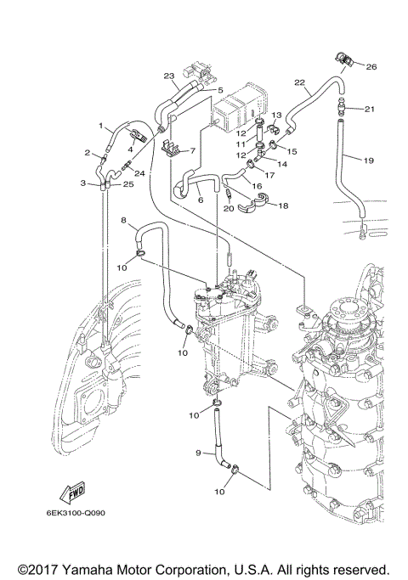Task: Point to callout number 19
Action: [369, 160]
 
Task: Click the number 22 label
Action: [298, 82]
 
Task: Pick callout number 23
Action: [169, 76]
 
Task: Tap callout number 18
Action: [282, 206]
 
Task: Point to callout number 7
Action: [193, 151]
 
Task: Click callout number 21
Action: [369, 109]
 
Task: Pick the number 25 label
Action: [128, 184]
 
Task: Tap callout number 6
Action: [201, 200]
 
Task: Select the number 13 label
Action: [277, 115]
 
